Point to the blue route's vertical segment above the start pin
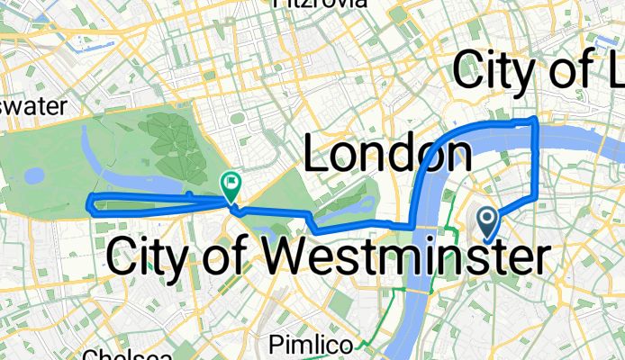point(538,162)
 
